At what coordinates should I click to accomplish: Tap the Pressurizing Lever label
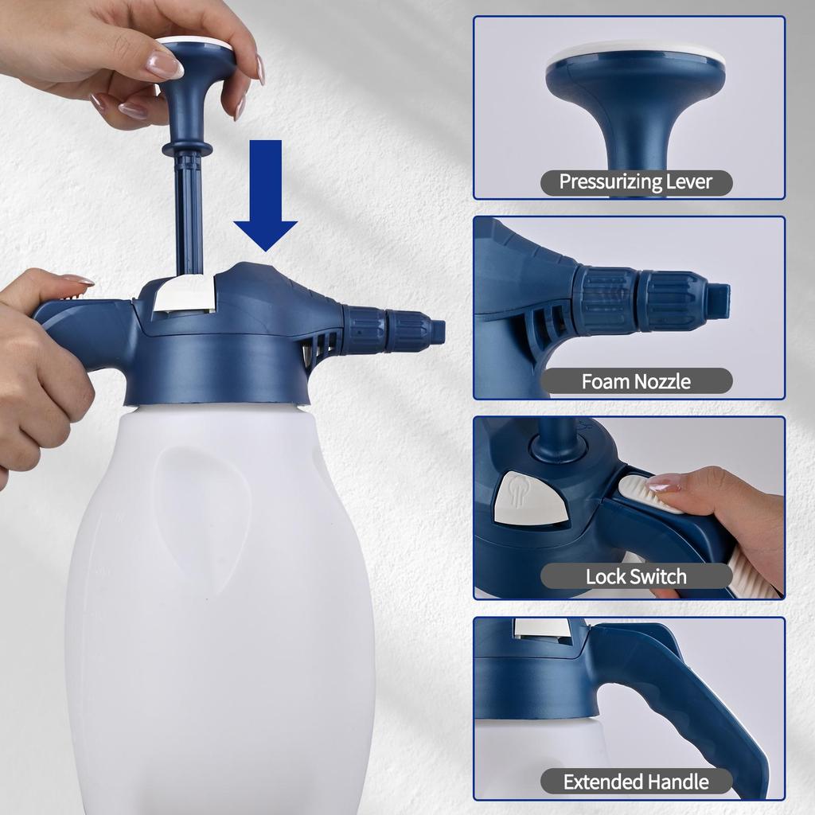click(x=636, y=181)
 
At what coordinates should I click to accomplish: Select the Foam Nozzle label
click(x=636, y=381)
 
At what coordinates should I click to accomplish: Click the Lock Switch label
click(x=636, y=576)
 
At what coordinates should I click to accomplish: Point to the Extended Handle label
click(x=636, y=782)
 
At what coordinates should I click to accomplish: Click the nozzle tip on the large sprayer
click(x=436, y=330)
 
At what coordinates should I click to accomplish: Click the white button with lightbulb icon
click(x=530, y=500)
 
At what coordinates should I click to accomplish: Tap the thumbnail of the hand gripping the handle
click(x=78, y=279)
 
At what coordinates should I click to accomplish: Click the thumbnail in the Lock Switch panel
click(x=663, y=482)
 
